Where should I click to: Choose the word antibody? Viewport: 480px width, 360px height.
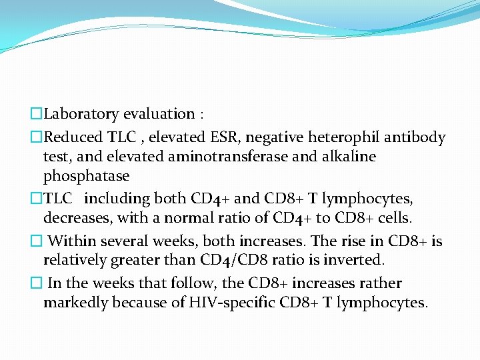pos(413,138)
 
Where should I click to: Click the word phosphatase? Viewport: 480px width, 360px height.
pos(86,177)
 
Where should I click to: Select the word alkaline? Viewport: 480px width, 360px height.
pos(343,157)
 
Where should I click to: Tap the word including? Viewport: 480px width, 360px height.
pos(117,199)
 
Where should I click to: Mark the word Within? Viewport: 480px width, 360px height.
pos(71,241)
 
